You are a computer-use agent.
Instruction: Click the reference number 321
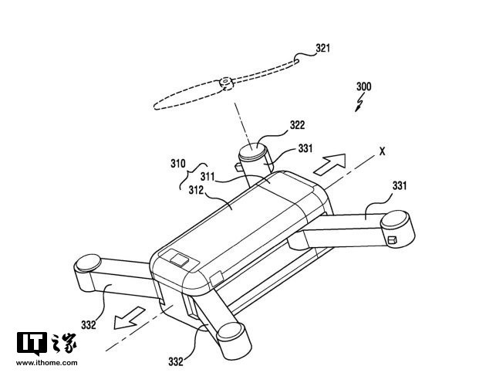pyautogui.click(x=322, y=48)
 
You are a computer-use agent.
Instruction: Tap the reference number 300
pyautogui.click(x=363, y=87)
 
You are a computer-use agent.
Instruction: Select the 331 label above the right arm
pyautogui.click(x=399, y=185)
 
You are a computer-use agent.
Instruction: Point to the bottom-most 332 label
pyautogui.click(x=177, y=361)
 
